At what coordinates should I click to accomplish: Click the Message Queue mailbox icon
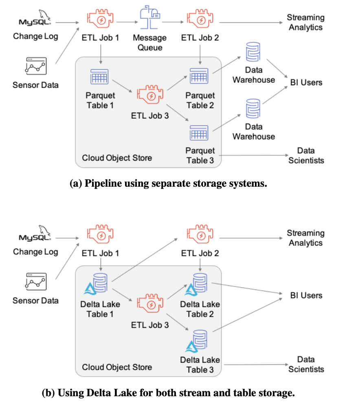[149, 19]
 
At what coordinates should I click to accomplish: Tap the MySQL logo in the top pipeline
[35, 20]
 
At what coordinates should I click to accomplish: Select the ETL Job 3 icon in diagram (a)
[150, 96]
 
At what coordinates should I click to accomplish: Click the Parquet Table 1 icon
[100, 77]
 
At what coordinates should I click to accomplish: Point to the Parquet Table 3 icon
[199, 133]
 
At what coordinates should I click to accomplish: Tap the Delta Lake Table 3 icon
[196, 340]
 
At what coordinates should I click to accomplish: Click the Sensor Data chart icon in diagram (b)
[35, 282]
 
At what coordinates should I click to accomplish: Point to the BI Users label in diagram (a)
[306, 82]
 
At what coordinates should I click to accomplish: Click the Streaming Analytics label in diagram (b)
[305, 238]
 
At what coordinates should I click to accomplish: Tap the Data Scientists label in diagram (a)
[306, 155]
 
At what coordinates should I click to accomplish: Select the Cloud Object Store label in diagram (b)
[117, 367]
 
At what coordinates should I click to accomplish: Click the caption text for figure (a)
[168, 183]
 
